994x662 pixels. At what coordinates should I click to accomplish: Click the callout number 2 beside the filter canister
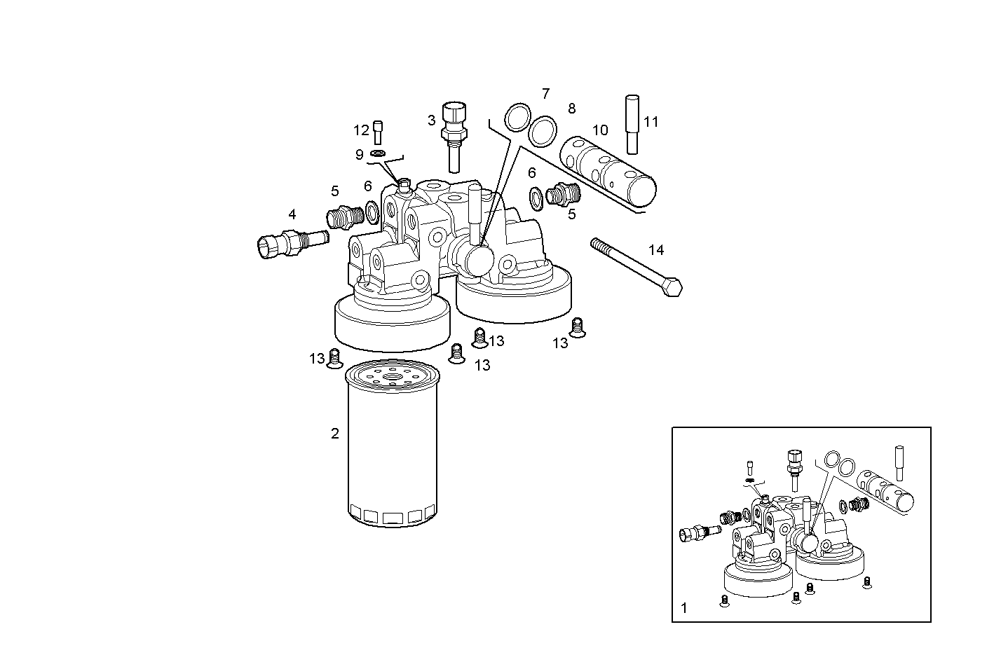click(335, 434)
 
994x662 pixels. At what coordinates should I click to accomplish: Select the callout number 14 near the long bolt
click(655, 250)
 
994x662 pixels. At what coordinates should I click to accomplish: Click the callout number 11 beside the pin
click(651, 122)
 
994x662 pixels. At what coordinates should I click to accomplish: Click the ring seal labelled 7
click(517, 116)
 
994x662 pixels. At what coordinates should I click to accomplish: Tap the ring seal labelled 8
click(542, 131)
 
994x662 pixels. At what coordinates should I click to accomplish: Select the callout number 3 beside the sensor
click(431, 120)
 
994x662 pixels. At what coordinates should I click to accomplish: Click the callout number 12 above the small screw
click(361, 130)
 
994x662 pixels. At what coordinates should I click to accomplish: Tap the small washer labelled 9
click(379, 153)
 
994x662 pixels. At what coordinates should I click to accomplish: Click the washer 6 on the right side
click(536, 198)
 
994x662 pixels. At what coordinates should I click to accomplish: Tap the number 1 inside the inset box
click(684, 608)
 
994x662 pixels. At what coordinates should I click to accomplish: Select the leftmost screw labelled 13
click(334, 359)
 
